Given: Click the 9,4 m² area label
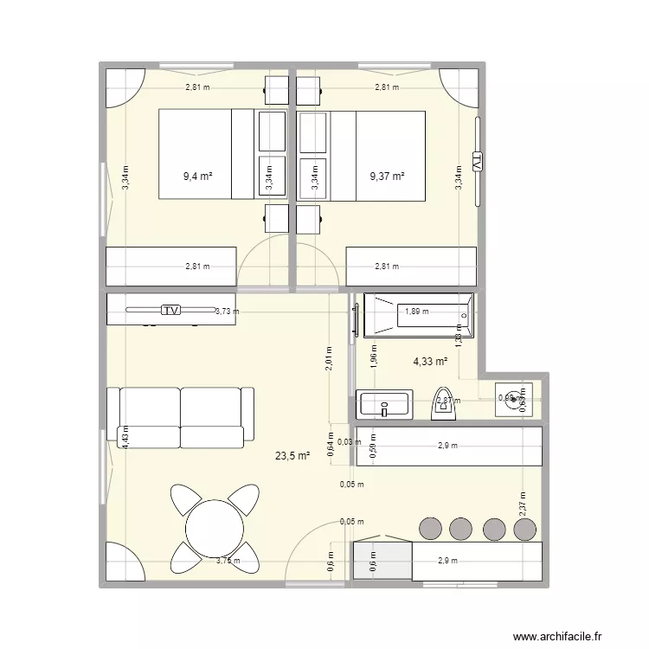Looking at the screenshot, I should coord(197,177).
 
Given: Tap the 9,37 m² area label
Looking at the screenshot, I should coord(387,177).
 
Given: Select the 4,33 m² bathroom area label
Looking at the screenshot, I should coord(430,362).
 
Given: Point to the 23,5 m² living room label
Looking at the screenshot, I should coord(292,456).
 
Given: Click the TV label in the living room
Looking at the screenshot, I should coord(171,310).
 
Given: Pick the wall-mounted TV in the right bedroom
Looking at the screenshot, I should coord(476,161).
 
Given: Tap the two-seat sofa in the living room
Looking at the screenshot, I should coord(180,418).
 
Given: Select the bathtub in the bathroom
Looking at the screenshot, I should coord(418,316).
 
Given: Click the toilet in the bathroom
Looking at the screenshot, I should coord(444,402).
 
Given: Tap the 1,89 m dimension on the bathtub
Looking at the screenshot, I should coord(418,312).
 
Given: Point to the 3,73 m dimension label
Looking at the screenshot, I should coord(227,312).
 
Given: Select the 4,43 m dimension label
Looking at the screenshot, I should coord(125,436).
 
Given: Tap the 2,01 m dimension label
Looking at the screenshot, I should coord(329,357).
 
